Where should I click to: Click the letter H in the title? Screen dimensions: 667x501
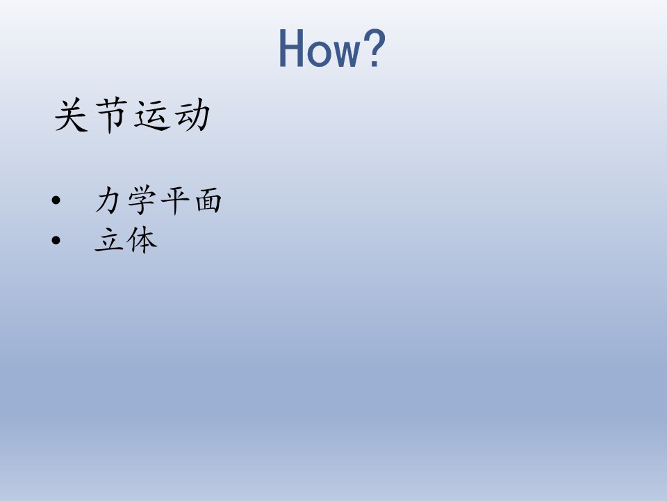click(291, 48)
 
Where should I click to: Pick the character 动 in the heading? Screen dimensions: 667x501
click(192, 115)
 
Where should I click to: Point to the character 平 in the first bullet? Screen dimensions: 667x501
click(174, 200)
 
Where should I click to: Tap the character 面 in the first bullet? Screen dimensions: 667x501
click(208, 200)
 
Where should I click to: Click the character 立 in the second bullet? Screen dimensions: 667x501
click(108, 240)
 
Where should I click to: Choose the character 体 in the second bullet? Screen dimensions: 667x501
click(142, 240)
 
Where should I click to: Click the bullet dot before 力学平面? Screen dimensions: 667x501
click(56, 200)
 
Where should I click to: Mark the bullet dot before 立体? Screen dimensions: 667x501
click(56, 240)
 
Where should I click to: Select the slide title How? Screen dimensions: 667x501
click(332, 48)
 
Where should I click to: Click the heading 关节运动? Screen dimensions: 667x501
click(132, 116)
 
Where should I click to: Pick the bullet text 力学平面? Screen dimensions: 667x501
click(158, 200)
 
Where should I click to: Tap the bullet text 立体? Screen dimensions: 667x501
click(126, 240)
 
